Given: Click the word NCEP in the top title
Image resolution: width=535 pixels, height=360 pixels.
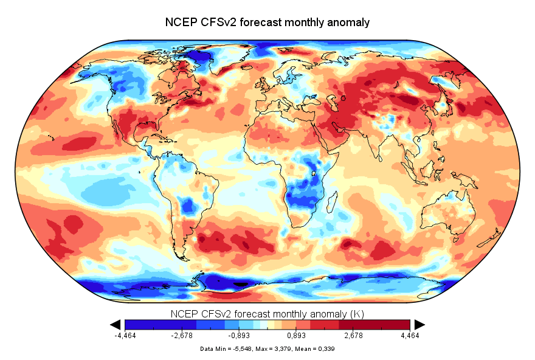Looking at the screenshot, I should (180, 22).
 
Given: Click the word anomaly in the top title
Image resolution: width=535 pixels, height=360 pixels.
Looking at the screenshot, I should (347, 22).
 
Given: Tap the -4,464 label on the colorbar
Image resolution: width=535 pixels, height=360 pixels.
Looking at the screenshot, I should (125, 335).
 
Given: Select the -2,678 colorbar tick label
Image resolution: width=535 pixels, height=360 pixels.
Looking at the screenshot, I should (182, 335).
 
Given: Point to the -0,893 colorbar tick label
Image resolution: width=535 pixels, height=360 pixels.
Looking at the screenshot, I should (239, 335).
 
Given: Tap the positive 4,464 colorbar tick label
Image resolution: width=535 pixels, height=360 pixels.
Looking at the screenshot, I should (410, 335).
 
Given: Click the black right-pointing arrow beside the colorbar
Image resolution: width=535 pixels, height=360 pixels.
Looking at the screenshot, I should (420, 324).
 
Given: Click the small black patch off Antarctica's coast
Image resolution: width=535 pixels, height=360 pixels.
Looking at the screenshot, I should (242, 284).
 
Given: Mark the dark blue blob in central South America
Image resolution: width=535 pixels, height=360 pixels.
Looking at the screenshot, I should (189, 205).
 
